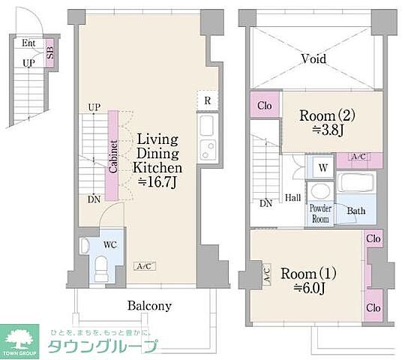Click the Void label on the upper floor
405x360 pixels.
tap(313, 58)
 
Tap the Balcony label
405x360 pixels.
tap(149, 305)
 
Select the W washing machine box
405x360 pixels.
tap(321, 167)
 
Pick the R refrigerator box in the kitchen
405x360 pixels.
tap(207, 100)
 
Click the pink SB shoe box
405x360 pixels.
tap(49, 54)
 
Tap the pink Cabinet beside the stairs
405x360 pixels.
tap(112, 155)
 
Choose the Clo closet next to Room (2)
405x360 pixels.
tap(265, 105)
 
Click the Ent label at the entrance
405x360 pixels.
tap(28, 44)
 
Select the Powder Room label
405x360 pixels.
tap(321, 214)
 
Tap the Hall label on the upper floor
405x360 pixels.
tap(293, 198)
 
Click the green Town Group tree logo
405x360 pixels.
tap(22, 337)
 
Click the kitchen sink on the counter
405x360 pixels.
tap(208, 124)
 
